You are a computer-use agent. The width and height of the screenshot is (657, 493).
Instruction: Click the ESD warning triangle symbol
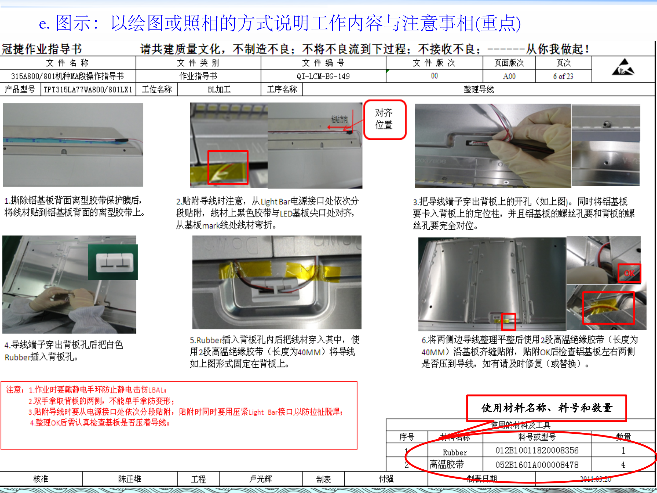coord(623,67)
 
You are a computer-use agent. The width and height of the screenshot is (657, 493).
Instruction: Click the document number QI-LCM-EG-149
coord(323,76)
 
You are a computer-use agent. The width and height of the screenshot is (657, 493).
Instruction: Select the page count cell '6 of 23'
coord(563,76)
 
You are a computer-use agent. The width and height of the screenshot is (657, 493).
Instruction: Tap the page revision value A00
coord(509,76)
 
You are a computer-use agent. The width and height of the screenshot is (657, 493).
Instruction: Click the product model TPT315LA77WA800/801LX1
coord(88,90)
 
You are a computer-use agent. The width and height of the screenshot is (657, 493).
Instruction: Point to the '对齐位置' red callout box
coord(384,119)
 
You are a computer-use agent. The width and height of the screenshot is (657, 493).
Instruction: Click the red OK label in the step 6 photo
coord(629,273)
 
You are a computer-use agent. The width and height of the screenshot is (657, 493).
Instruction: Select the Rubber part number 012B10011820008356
coord(537,451)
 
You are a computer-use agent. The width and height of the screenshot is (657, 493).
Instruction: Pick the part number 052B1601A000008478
coord(537,465)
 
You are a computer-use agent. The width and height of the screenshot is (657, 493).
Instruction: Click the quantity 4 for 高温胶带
coord(623,465)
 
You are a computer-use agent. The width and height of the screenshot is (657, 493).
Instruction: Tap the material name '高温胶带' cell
coord(447,465)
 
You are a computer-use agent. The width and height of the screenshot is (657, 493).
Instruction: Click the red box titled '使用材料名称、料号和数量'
coord(546,408)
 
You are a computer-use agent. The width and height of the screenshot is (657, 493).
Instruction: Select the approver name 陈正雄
coord(129,479)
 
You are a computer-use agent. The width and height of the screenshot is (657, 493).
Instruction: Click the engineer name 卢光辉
coord(260,479)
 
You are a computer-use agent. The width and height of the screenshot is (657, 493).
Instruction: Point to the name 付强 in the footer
coord(386,479)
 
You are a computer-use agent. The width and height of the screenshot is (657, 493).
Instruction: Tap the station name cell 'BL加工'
coord(219,90)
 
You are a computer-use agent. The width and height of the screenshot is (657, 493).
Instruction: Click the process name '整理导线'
coord(478,90)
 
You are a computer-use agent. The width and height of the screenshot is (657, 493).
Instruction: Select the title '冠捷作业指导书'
coord(42,49)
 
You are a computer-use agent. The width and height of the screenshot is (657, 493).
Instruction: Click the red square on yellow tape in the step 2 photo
coord(228,167)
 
